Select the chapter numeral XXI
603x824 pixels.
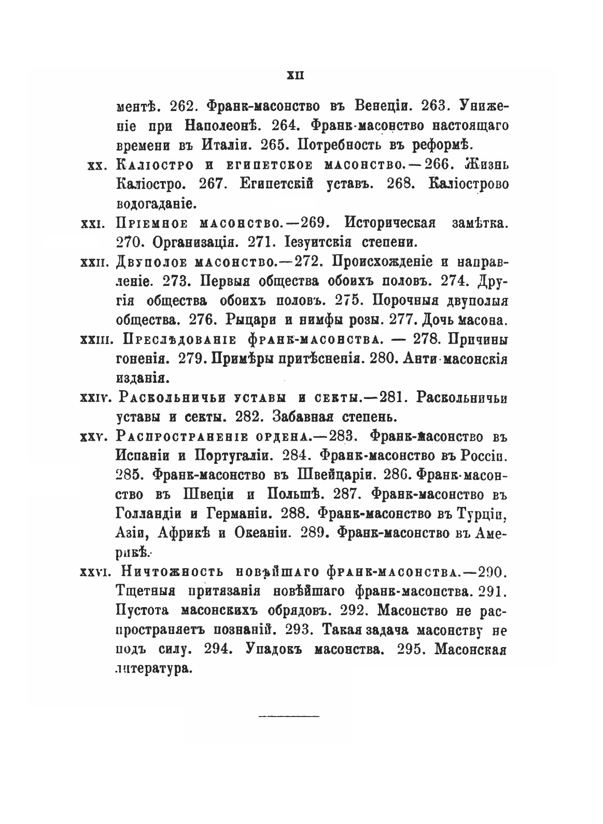pos(95,224)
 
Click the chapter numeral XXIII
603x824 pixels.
pos(94,340)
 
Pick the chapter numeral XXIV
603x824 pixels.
pos(94,398)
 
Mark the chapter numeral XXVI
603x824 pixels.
pos(93,572)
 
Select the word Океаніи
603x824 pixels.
pos(263,533)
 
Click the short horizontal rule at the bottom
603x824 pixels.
pos(289,717)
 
